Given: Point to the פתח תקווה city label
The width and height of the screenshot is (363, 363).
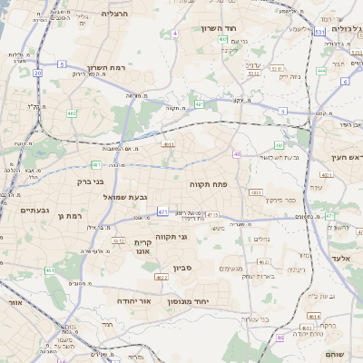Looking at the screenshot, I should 208,184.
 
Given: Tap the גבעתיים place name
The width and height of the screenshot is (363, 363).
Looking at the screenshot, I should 34,210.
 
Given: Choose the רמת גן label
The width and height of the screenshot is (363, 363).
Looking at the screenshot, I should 69,216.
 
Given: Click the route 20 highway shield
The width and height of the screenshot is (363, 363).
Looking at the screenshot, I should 37,73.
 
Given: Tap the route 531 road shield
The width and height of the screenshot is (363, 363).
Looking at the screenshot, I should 319,31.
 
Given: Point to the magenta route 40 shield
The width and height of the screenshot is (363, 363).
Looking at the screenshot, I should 237,154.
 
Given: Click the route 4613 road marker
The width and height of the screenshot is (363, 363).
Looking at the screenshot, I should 313,316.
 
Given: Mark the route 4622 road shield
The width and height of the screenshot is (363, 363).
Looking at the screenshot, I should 159,278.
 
